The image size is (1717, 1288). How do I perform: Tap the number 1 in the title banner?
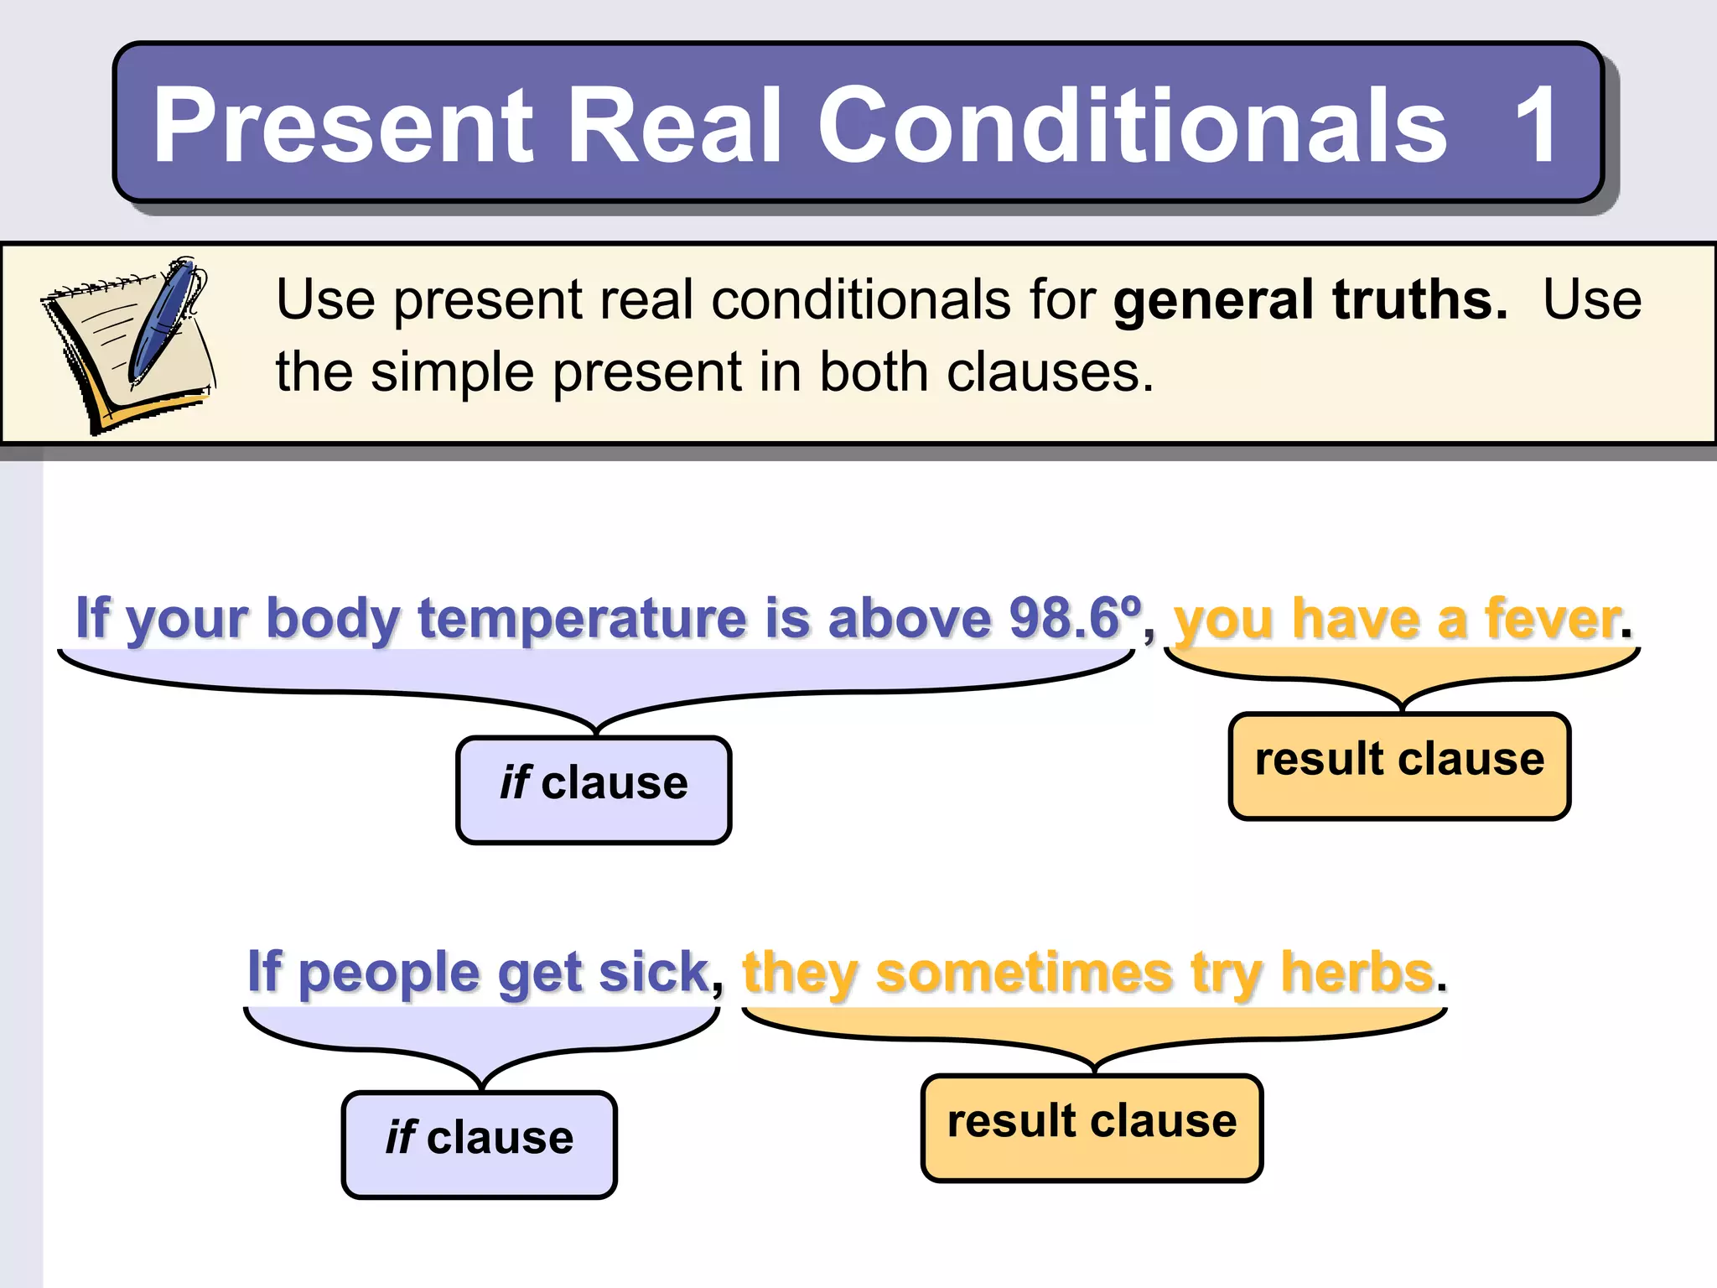(x=1537, y=126)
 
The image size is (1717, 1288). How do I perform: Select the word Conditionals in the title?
(x=1132, y=126)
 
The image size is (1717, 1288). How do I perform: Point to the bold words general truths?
(x=1310, y=300)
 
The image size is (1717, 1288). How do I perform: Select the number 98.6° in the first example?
(x=1075, y=619)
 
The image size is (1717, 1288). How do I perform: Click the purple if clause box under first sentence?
(x=594, y=789)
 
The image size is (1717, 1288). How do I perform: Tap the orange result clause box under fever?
(x=1399, y=765)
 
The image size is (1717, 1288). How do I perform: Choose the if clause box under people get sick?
(x=479, y=1144)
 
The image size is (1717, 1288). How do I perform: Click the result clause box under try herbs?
(x=1092, y=1127)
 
